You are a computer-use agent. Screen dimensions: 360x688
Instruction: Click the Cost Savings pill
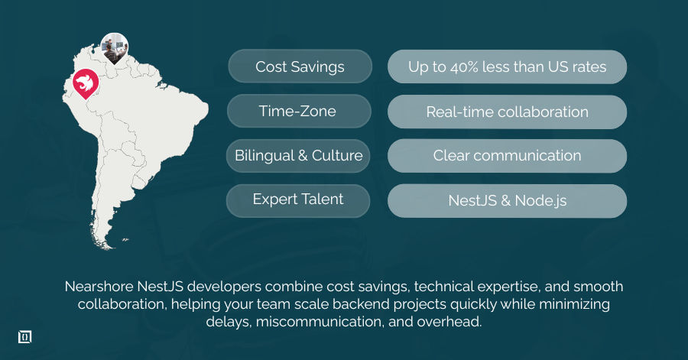(x=300, y=66)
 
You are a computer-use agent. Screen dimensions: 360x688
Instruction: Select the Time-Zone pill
(x=297, y=111)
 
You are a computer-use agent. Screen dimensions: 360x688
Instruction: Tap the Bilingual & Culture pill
(x=298, y=155)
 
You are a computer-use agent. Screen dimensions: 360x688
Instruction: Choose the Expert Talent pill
(x=298, y=199)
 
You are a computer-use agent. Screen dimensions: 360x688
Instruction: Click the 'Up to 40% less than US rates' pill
(x=507, y=66)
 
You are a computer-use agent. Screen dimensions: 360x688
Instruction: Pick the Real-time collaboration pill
(x=507, y=112)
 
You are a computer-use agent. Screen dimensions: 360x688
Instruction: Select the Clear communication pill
(x=507, y=155)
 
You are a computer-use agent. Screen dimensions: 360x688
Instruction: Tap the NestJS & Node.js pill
(x=507, y=201)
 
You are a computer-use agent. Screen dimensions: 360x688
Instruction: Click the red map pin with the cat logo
(x=85, y=83)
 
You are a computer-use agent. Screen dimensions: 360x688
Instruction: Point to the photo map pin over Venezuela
(x=115, y=47)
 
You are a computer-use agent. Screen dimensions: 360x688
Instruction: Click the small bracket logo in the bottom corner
(x=24, y=337)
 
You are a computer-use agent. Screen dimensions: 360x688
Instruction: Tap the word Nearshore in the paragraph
(x=99, y=287)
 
